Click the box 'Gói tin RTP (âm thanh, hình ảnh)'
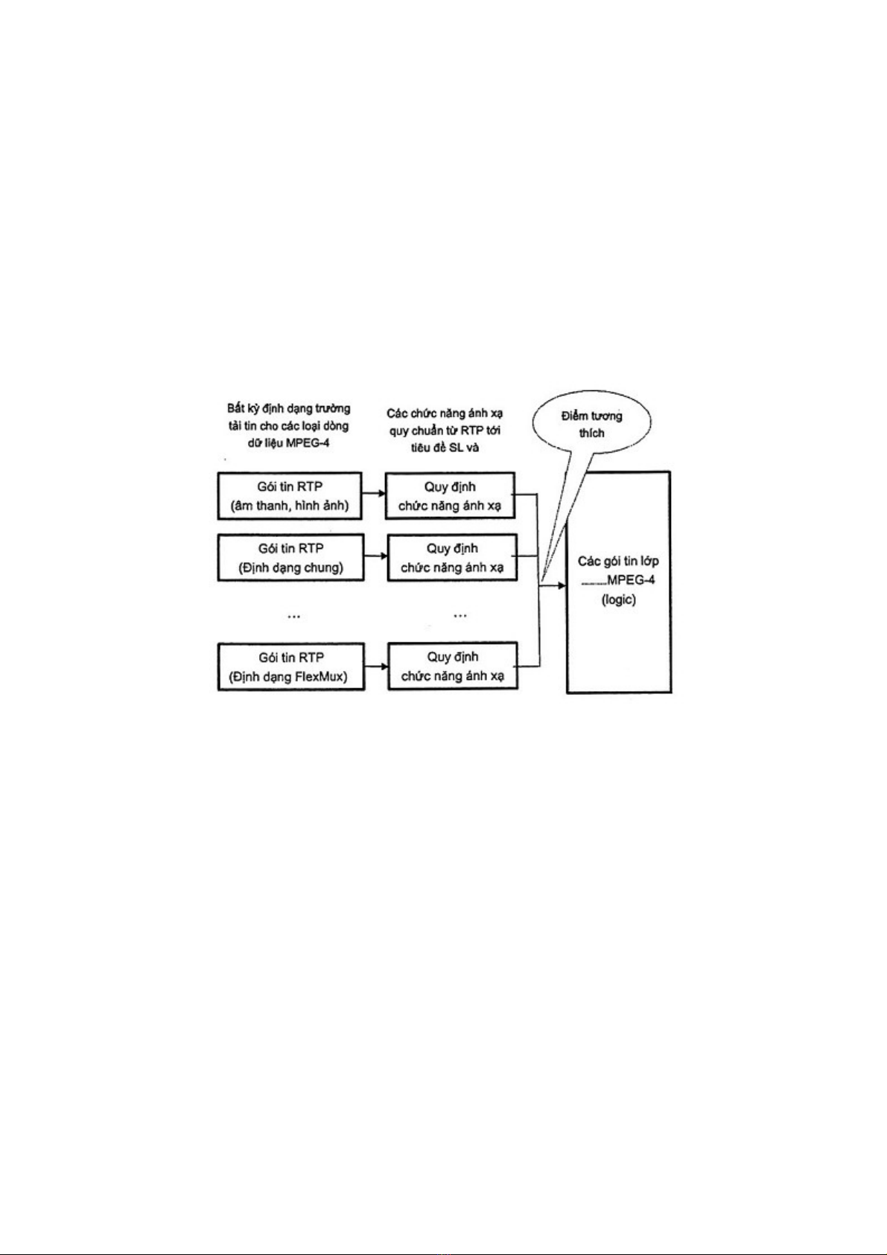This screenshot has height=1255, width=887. (290, 496)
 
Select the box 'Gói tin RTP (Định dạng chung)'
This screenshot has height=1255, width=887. (290, 557)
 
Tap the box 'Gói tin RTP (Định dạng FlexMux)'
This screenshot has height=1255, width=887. (290, 667)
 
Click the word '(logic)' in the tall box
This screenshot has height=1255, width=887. (619, 600)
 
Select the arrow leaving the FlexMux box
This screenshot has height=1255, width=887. (376, 667)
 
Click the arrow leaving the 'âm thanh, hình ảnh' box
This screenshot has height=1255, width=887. (375, 493)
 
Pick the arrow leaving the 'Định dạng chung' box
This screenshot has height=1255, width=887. (375, 556)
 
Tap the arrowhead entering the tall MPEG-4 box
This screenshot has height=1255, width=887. (562, 585)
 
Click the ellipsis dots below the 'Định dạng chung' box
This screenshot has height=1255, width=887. (293, 616)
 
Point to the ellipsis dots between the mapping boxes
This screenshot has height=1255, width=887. (460, 616)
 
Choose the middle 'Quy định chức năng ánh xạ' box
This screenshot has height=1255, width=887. (451, 557)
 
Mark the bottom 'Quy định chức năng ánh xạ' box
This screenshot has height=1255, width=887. (453, 666)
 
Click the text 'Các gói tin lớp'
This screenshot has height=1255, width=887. (619, 562)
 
